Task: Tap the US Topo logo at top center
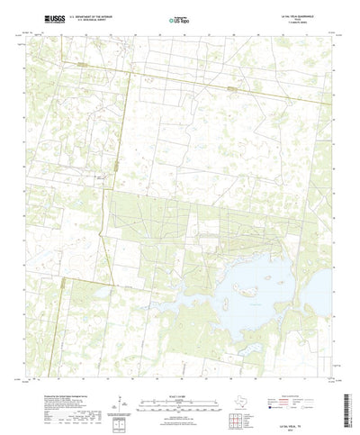coord(179,19)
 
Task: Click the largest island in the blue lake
coord(244,291)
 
